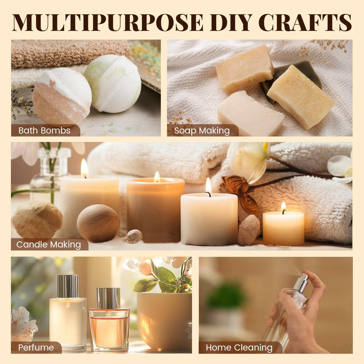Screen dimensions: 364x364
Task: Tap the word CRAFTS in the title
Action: tap(305, 22)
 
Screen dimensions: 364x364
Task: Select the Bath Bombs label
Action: tap(44, 130)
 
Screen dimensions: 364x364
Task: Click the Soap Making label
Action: tap(202, 130)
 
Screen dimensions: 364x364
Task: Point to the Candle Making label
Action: tap(48, 245)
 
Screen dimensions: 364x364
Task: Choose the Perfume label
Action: tap(36, 348)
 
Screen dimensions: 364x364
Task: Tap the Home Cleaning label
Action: tap(239, 348)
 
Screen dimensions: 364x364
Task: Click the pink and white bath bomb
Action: tap(62, 96)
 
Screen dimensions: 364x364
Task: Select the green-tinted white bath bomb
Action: tap(113, 84)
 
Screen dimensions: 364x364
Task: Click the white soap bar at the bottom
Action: tap(250, 113)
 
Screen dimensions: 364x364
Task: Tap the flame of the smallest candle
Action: tap(283, 207)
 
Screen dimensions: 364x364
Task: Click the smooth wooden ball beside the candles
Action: tap(98, 223)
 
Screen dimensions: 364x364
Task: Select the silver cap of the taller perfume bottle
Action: tap(68, 286)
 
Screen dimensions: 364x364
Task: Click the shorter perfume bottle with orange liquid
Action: tap(109, 320)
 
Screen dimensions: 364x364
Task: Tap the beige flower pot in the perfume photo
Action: tap(164, 321)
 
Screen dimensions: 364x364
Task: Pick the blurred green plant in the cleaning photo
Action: tap(225, 296)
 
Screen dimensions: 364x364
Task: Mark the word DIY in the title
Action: tap(231, 22)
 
